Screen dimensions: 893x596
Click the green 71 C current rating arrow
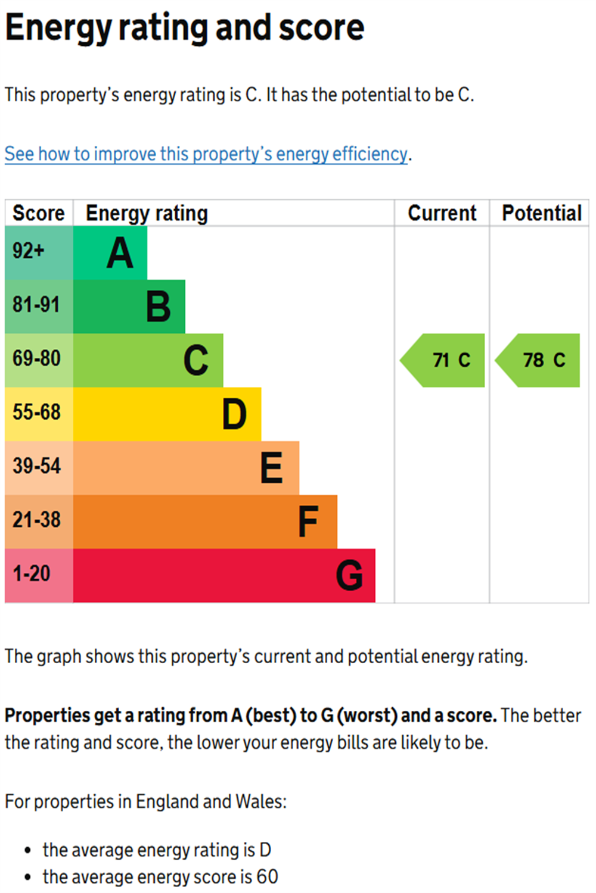pos(444,360)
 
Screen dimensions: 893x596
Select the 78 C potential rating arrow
pos(539,360)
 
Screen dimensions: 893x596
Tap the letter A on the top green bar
pos(120,253)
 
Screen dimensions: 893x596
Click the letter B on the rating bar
pos(158,307)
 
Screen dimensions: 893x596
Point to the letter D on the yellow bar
pos(234,414)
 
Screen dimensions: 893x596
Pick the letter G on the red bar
pos(349,575)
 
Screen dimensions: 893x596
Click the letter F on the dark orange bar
pos(308,522)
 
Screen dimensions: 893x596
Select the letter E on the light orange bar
pos(272,468)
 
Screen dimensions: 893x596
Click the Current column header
pos(442,213)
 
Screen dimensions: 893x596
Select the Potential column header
pos(541,213)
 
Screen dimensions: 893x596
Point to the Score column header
pos(39,213)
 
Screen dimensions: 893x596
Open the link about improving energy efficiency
pos(206,154)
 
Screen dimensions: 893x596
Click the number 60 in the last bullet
pos(267,877)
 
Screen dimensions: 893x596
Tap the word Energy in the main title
pos(58,28)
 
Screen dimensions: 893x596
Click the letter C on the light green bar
pos(196,361)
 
